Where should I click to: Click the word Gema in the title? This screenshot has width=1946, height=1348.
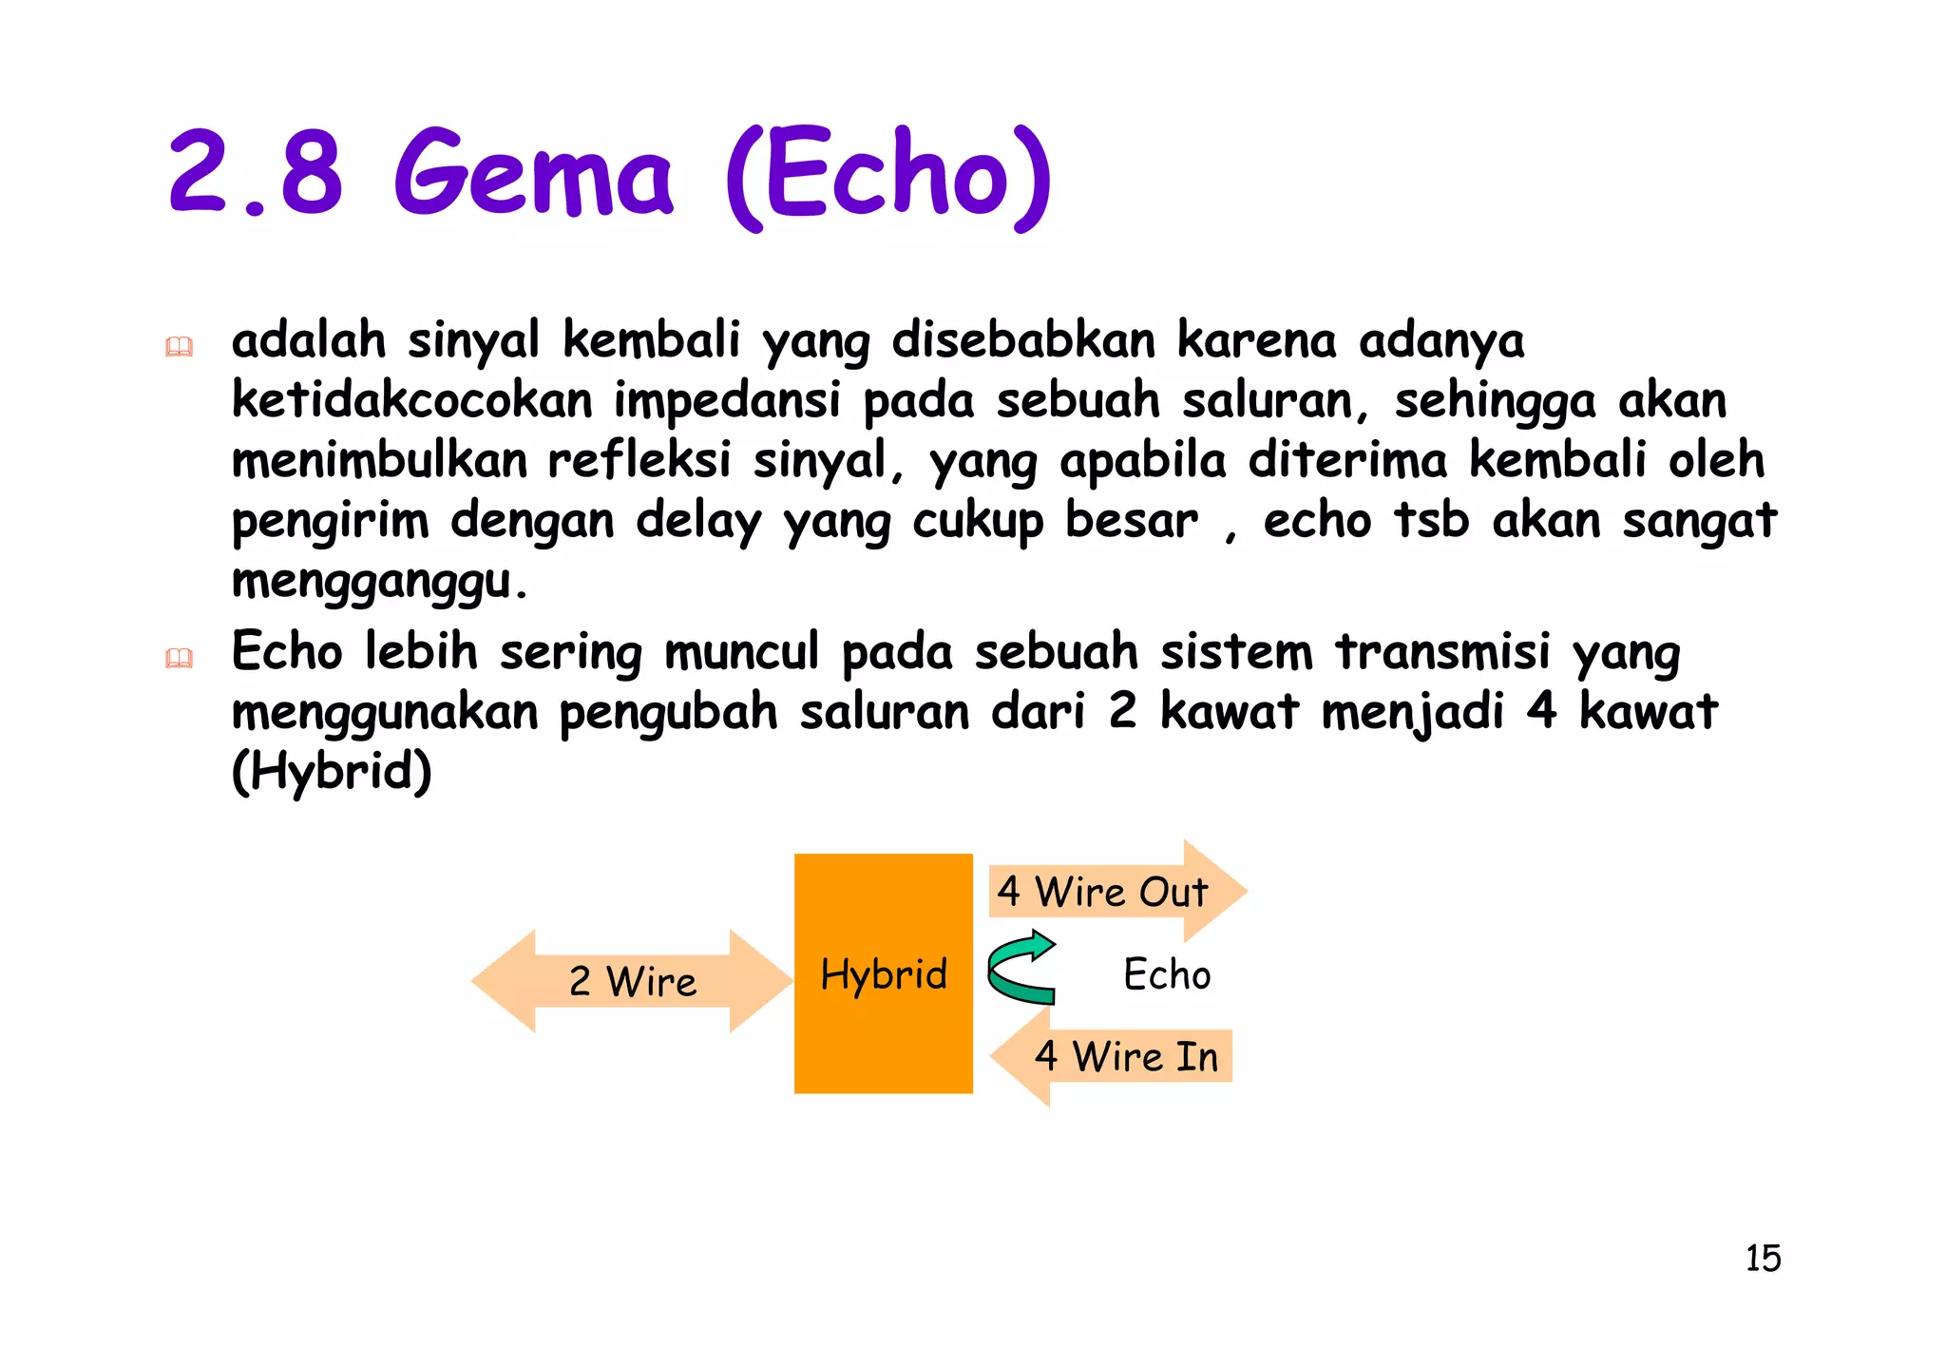point(534,175)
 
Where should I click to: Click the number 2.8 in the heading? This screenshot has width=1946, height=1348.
point(255,173)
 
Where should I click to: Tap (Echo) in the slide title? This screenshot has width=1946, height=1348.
point(889,177)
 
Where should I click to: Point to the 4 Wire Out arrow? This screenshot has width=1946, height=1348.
point(1116,892)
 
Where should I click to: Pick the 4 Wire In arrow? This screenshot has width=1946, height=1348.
point(1112,1056)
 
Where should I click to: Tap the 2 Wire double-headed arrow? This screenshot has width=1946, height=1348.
point(632,981)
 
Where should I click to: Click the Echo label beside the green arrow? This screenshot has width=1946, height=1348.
point(1167,974)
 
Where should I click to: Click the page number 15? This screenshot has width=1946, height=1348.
point(1763,1258)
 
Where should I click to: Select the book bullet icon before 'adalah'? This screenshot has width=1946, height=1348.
point(179,347)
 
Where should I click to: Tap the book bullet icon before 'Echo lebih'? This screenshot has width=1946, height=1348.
point(179,658)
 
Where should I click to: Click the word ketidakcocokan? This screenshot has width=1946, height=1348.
point(412,400)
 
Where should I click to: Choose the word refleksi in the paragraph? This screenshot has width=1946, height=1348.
point(639,460)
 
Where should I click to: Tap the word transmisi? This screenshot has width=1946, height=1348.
point(1442,652)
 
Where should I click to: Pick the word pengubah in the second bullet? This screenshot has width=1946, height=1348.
point(668,712)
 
